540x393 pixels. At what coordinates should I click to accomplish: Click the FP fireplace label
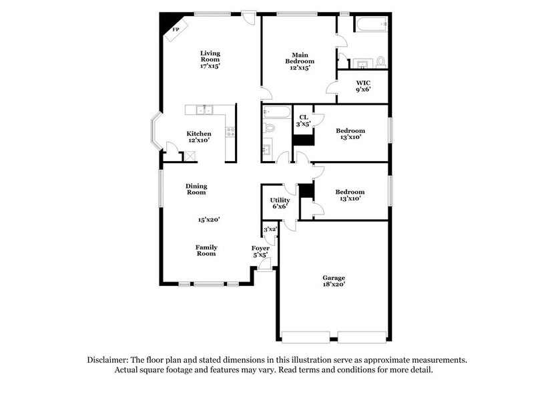click(x=177, y=30)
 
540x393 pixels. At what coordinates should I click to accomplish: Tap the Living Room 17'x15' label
click(x=211, y=59)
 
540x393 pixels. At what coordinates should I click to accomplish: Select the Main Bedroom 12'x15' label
click(x=299, y=61)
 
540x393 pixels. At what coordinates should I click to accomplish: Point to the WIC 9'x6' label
click(x=362, y=85)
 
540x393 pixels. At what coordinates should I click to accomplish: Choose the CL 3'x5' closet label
click(x=303, y=120)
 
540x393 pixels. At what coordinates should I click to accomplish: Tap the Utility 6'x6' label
click(x=279, y=203)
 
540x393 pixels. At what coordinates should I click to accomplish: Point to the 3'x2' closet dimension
click(x=270, y=230)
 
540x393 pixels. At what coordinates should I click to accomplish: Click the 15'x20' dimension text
click(x=208, y=219)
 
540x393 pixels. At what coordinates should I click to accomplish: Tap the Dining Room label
click(x=196, y=188)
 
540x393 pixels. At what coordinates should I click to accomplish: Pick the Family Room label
click(x=206, y=250)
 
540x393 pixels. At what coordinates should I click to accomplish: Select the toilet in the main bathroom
click(x=380, y=61)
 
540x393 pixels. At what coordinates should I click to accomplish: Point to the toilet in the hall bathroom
click(x=269, y=127)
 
